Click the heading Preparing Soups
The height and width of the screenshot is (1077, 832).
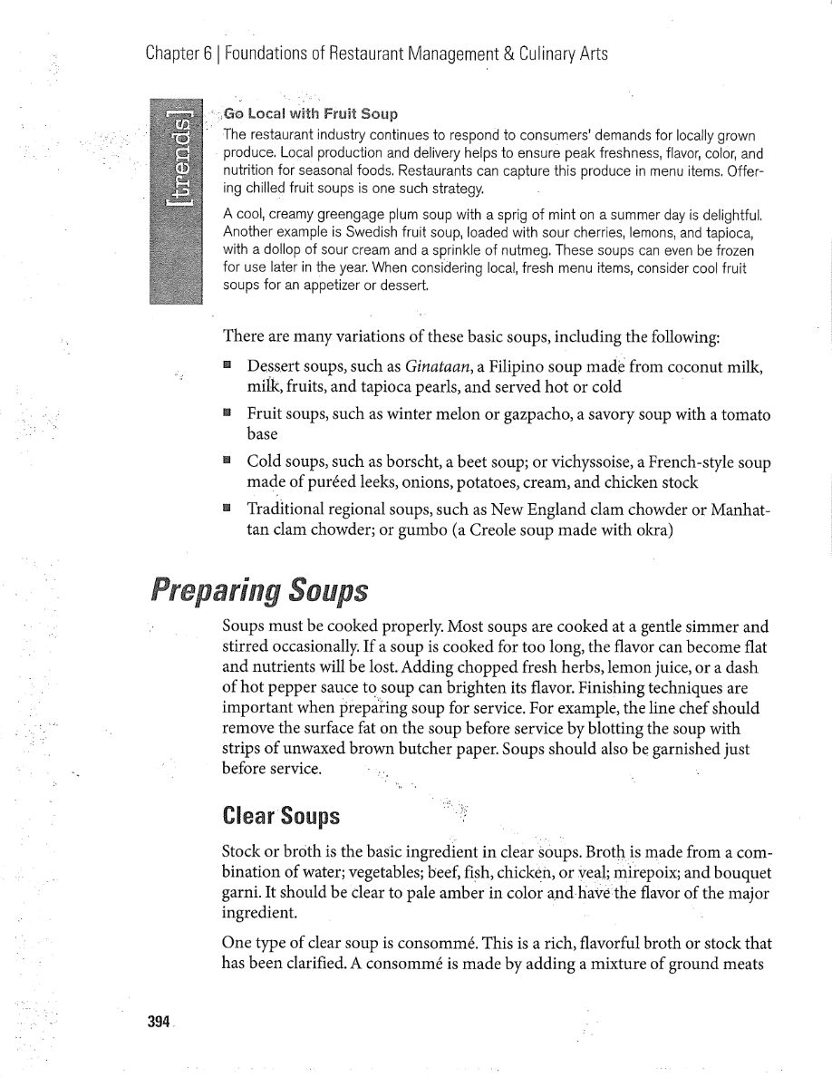(260, 591)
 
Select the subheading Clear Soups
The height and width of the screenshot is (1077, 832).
(281, 816)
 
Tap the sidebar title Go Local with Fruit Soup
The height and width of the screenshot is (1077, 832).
(311, 114)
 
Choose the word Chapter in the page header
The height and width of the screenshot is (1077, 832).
(173, 53)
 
